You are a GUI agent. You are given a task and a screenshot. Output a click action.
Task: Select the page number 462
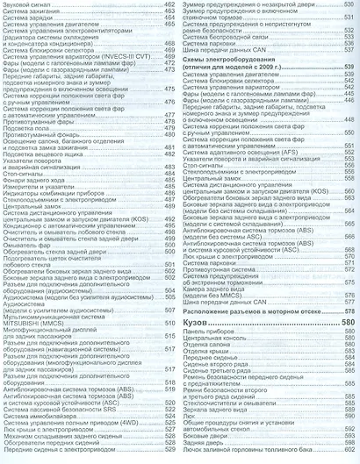(170, 5)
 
